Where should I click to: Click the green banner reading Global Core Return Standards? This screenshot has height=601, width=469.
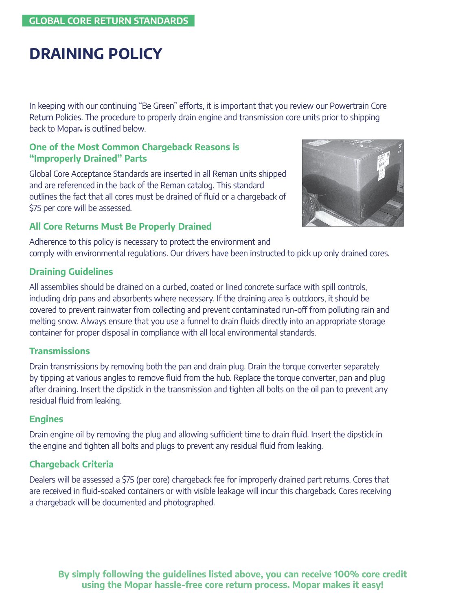(x=108, y=21)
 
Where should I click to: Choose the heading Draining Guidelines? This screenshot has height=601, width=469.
(x=71, y=272)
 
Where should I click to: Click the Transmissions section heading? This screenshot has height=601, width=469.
(x=59, y=351)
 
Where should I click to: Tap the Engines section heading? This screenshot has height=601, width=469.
(x=46, y=419)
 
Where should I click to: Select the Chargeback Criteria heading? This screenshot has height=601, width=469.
(x=71, y=464)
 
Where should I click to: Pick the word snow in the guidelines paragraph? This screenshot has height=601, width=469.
(x=68, y=321)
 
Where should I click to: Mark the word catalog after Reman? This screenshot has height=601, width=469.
(x=198, y=185)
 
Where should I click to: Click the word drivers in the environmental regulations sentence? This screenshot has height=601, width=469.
(x=200, y=253)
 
